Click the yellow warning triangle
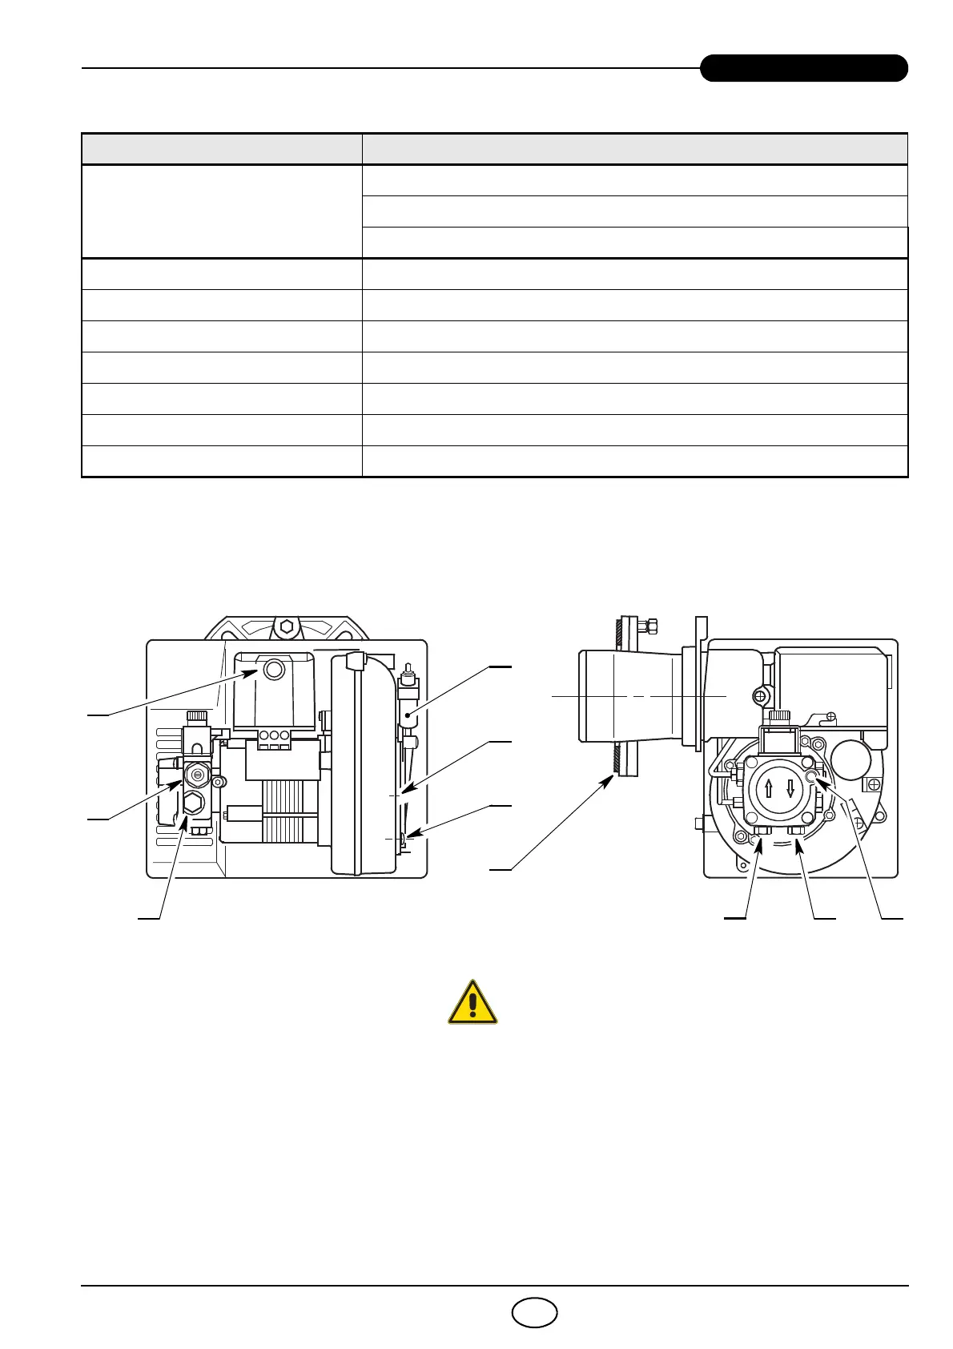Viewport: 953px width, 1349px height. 472,1002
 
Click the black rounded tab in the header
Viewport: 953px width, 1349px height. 803,68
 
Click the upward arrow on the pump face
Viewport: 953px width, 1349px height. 769,787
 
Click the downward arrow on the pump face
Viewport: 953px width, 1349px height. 790,787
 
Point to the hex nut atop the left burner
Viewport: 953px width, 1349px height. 286,627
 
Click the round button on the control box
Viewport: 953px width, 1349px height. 274,669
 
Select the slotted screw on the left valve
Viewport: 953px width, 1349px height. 198,774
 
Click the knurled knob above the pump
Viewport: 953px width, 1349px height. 778,715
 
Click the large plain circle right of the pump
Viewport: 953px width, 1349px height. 852,758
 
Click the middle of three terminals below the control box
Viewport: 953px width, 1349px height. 274,735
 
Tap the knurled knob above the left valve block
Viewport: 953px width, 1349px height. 198,715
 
